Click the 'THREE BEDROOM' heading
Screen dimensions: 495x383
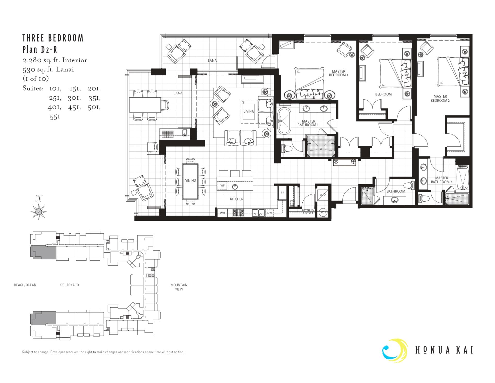click(53, 38)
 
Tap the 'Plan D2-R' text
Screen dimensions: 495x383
click(40, 49)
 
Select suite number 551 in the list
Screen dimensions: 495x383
click(55, 117)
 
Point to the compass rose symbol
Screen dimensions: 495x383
click(39, 211)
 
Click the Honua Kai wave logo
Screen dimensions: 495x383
click(395, 351)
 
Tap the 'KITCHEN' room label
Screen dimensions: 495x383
click(237, 199)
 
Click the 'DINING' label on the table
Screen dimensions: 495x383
click(190, 181)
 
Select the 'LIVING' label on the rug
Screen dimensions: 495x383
click(249, 111)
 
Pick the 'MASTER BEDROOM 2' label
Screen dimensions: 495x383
click(440, 98)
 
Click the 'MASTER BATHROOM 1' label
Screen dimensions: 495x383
click(308, 123)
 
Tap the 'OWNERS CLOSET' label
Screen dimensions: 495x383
click(308, 212)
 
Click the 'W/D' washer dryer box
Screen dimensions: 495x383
click(323, 195)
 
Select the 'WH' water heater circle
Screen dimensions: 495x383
click(323, 212)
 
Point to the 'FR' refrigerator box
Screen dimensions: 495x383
click(282, 193)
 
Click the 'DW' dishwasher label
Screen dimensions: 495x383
click(269, 213)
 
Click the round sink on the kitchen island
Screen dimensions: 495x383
click(235, 186)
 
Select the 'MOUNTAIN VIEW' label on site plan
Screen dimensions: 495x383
click(179, 287)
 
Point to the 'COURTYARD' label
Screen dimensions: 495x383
click(70, 285)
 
